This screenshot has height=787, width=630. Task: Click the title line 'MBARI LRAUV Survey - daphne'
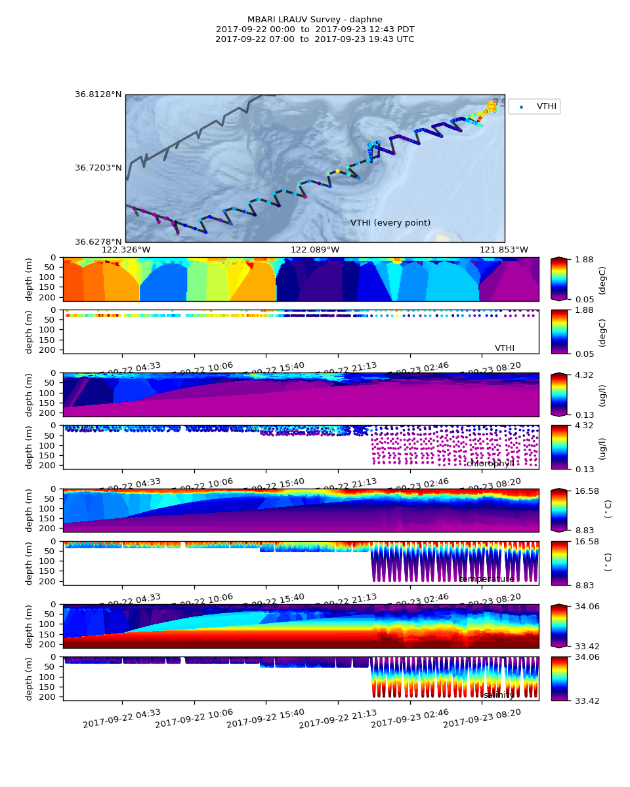(x=315, y=20)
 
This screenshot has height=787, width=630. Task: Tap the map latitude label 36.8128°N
(x=98, y=94)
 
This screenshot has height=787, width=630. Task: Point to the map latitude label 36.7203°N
(x=98, y=168)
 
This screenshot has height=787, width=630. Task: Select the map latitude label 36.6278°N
(x=98, y=241)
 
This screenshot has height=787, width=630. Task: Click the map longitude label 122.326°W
(x=126, y=250)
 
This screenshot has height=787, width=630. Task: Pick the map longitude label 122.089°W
(x=315, y=250)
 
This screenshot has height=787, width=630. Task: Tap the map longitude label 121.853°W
(x=504, y=250)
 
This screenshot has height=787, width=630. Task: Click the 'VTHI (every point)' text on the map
(x=390, y=223)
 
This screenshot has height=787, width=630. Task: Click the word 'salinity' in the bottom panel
(x=499, y=695)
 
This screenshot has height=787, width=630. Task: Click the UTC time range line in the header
(x=315, y=39)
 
